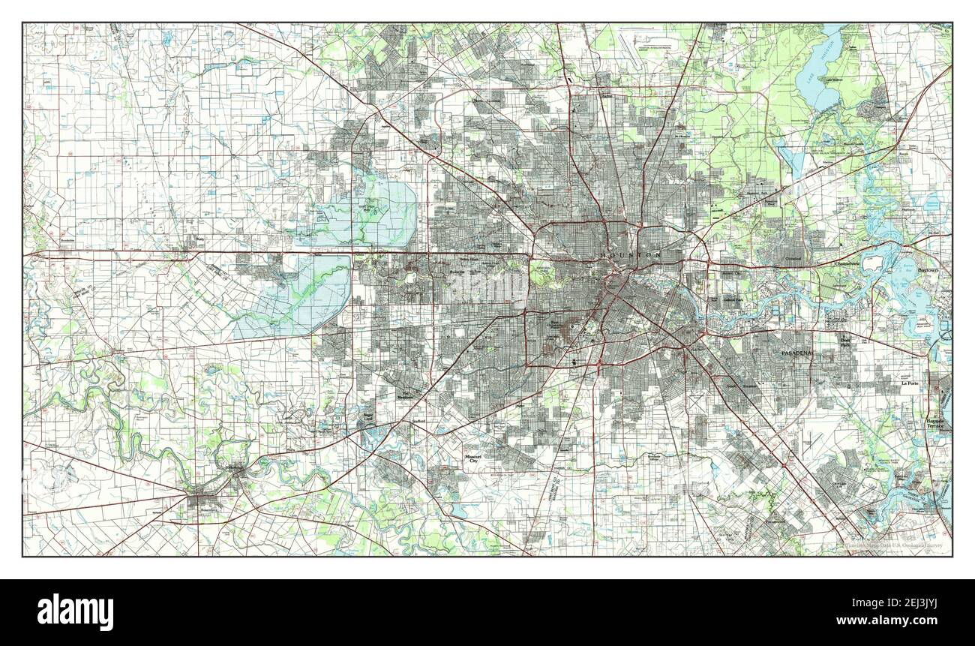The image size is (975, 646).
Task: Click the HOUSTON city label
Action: (631, 256)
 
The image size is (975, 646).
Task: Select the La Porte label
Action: (910, 383)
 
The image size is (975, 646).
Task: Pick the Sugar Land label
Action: (367, 415)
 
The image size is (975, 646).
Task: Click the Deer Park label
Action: (846, 342)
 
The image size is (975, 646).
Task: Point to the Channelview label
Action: (856, 263)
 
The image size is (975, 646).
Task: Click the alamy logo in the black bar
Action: (77, 611)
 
